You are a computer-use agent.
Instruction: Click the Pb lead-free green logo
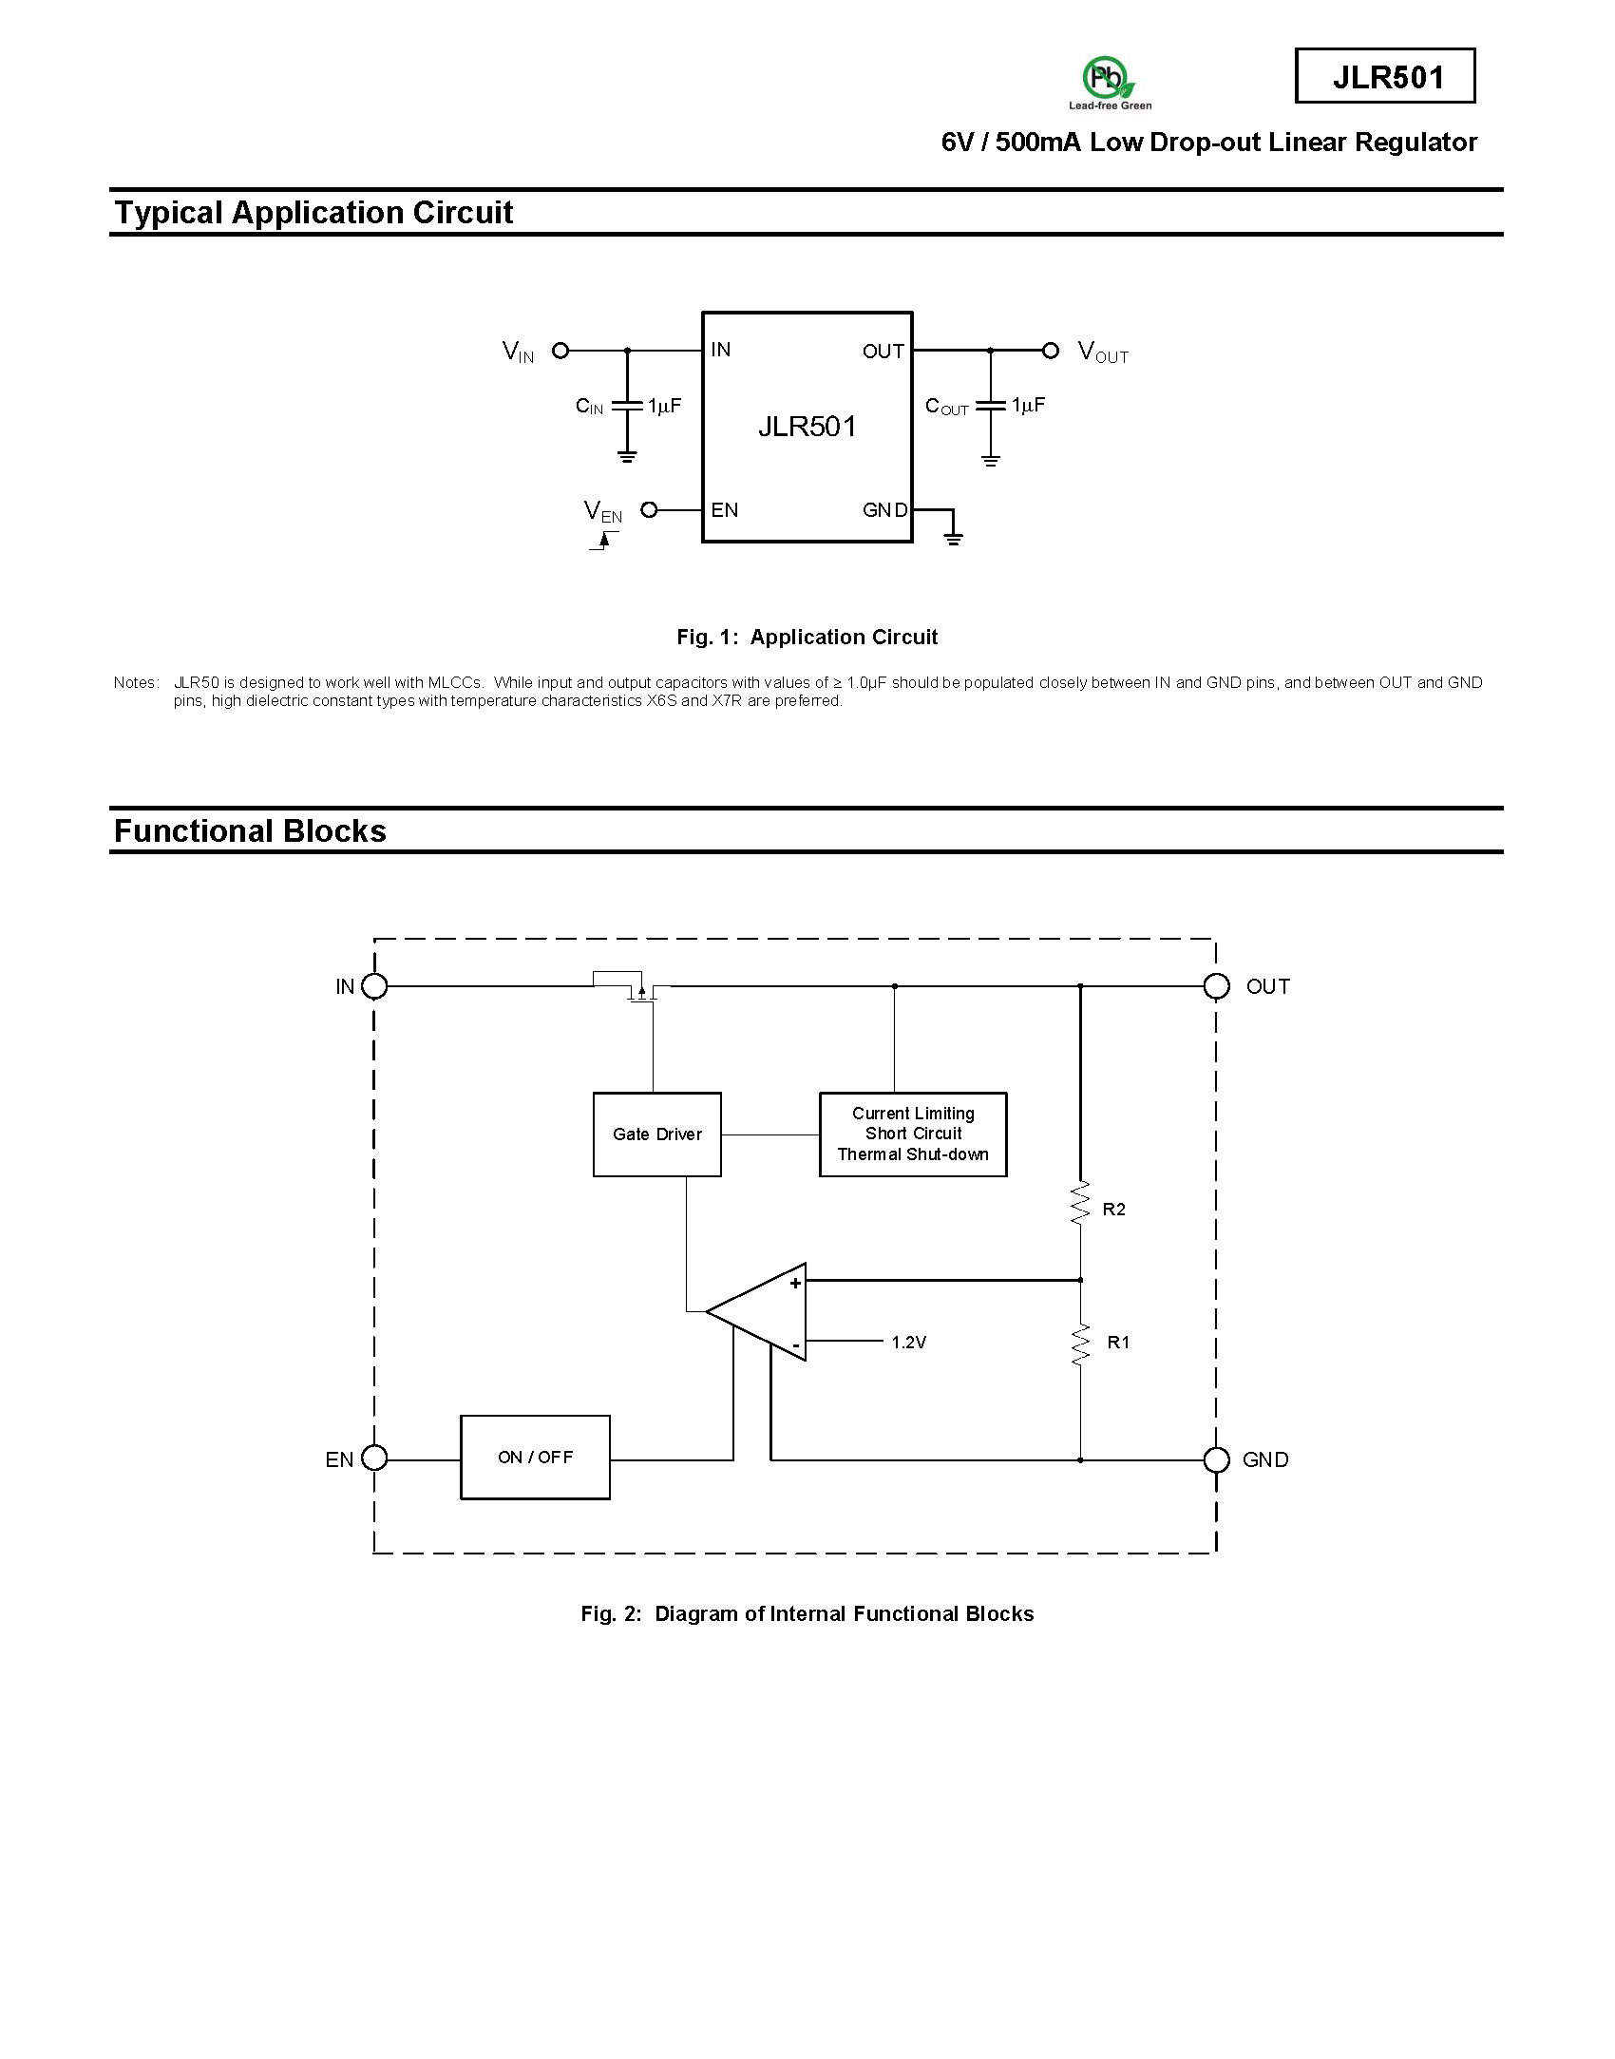(1109, 83)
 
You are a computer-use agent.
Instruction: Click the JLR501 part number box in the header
(1385, 76)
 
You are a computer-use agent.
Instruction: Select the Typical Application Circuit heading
(313, 212)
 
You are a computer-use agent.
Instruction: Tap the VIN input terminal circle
(560, 351)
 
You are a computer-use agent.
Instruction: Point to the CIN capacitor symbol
(627, 405)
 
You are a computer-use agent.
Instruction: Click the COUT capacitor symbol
(991, 405)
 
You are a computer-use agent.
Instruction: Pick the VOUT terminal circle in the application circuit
(1051, 351)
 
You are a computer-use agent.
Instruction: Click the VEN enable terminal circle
(649, 510)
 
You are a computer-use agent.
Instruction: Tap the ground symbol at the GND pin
(953, 539)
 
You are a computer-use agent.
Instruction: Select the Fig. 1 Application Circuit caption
(807, 637)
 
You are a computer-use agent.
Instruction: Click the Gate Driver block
(657, 1134)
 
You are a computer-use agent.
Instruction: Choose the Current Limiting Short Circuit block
(913, 1134)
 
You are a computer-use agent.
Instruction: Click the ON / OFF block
(536, 1458)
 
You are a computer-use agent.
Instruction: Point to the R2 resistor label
(1113, 1210)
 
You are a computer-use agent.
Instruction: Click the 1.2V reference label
(908, 1343)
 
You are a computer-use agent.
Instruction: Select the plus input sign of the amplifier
(795, 1283)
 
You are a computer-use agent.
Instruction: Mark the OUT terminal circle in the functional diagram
(1216, 986)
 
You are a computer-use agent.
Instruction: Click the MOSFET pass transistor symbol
(633, 988)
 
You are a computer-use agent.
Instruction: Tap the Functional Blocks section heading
(250, 830)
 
